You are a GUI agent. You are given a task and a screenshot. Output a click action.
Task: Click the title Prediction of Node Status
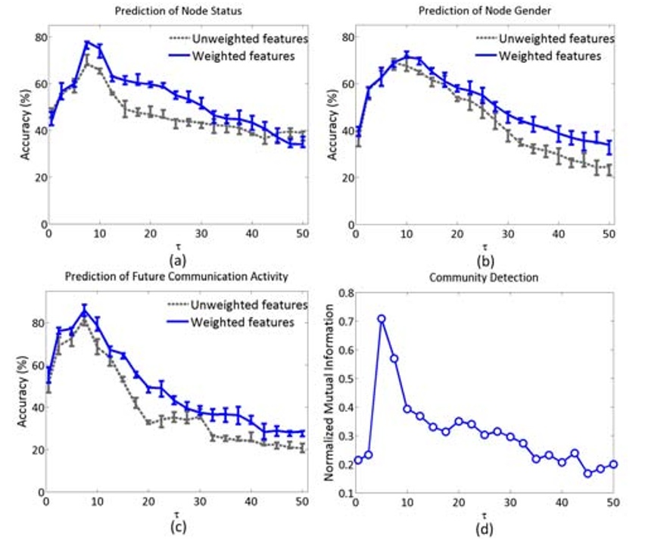[x=165, y=11]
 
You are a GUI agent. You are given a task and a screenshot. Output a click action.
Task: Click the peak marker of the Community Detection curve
[x=382, y=319]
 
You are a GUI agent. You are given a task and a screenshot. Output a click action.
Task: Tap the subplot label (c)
[x=176, y=529]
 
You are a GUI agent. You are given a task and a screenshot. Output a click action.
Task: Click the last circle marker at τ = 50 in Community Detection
[x=613, y=464]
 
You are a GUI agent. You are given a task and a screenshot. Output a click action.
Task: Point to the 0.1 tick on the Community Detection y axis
[x=344, y=493]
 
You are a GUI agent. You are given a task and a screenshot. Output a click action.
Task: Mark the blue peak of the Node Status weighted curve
[x=87, y=43]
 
